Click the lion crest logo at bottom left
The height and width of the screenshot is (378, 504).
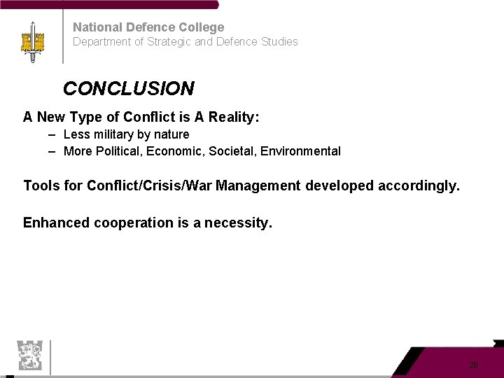(x=29, y=356)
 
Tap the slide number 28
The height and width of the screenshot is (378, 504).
(x=474, y=365)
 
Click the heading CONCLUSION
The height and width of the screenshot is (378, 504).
(x=128, y=89)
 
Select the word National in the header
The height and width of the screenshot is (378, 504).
(x=97, y=27)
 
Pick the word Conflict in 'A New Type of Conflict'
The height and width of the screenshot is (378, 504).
(x=148, y=117)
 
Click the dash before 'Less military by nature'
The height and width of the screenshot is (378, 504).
(x=52, y=134)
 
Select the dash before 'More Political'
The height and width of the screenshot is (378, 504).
(x=52, y=150)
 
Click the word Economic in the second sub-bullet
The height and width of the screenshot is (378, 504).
(x=173, y=151)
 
